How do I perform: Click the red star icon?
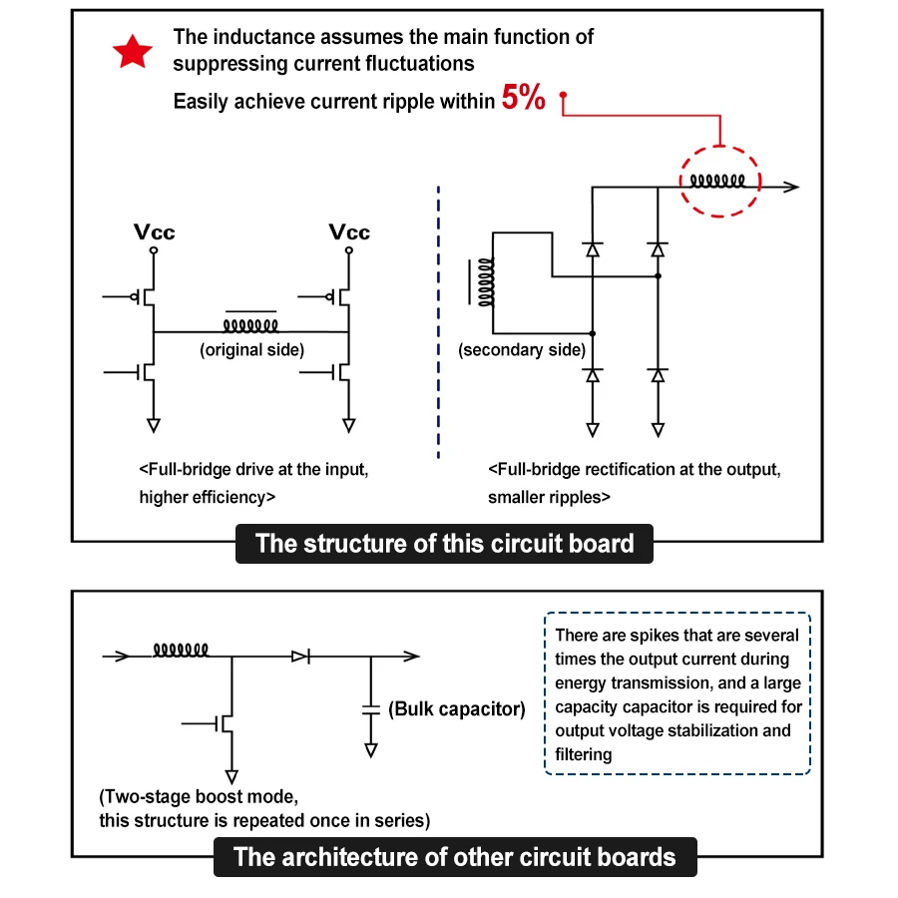[133, 52]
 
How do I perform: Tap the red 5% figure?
[524, 97]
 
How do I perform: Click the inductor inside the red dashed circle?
[717, 181]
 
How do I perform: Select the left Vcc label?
[154, 231]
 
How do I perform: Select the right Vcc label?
[349, 231]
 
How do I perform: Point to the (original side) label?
[252, 349]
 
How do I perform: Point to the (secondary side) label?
[522, 349]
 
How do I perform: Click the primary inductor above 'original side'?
[250, 325]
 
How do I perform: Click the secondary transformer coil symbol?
[485, 282]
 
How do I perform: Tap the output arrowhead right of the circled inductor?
[791, 187]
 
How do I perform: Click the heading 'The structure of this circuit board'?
[444, 544]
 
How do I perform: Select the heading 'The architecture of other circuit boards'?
[455, 857]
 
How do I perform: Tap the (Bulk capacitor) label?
[456, 709]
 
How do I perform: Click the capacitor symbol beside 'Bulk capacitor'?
[371, 710]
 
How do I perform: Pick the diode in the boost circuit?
[301, 657]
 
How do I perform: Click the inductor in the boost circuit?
[181, 650]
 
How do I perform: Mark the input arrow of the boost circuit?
[117, 657]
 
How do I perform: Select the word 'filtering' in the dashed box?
[584, 754]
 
